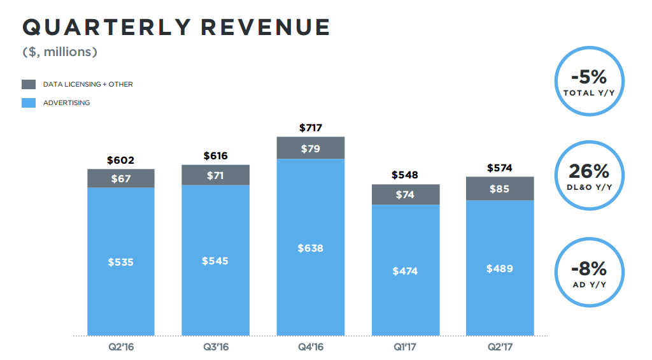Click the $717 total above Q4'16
311,127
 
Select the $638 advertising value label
311,248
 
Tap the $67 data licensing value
120,178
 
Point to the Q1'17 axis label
406,348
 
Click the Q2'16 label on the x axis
120,348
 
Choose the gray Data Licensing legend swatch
29,84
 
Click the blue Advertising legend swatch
29,103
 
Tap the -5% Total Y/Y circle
589,82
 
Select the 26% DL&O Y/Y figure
589,171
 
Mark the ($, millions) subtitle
60,52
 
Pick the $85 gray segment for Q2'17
500,189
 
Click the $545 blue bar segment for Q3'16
215,261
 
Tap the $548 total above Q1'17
406,175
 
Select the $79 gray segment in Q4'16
311,148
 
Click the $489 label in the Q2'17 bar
500,268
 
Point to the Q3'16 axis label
215,348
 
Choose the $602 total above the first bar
120,160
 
